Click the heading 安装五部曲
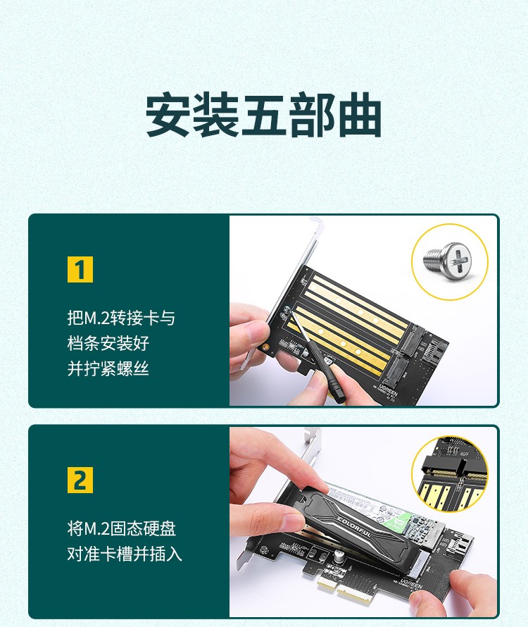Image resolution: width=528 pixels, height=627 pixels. click(x=263, y=115)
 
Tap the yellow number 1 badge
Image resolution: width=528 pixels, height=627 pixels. click(x=80, y=270)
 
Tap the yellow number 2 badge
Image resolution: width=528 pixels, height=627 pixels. click(x=80, y=480)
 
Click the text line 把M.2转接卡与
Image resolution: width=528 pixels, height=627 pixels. click(x=121, y=318)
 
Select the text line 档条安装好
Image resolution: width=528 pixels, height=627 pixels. click(x=108, y=343)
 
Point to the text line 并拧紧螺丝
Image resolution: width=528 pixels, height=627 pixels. click(x=108, y=368)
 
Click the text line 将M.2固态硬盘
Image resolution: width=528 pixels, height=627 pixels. click(x=122, y=528)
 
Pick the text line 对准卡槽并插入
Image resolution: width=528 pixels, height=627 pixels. click(x=125, y=554)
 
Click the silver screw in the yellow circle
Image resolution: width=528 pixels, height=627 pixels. click(x=448, y=261)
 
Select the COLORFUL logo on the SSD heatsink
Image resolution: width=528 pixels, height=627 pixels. click(x=355, y=528)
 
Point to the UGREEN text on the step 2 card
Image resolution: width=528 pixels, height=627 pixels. click(x=411, y=585)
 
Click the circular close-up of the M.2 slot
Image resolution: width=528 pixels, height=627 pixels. click(x=450, y=473)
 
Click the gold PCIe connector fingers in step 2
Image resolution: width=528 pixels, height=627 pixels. click(x=343, y=587)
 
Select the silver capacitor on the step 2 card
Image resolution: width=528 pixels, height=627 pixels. click(x=339, y=557)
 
